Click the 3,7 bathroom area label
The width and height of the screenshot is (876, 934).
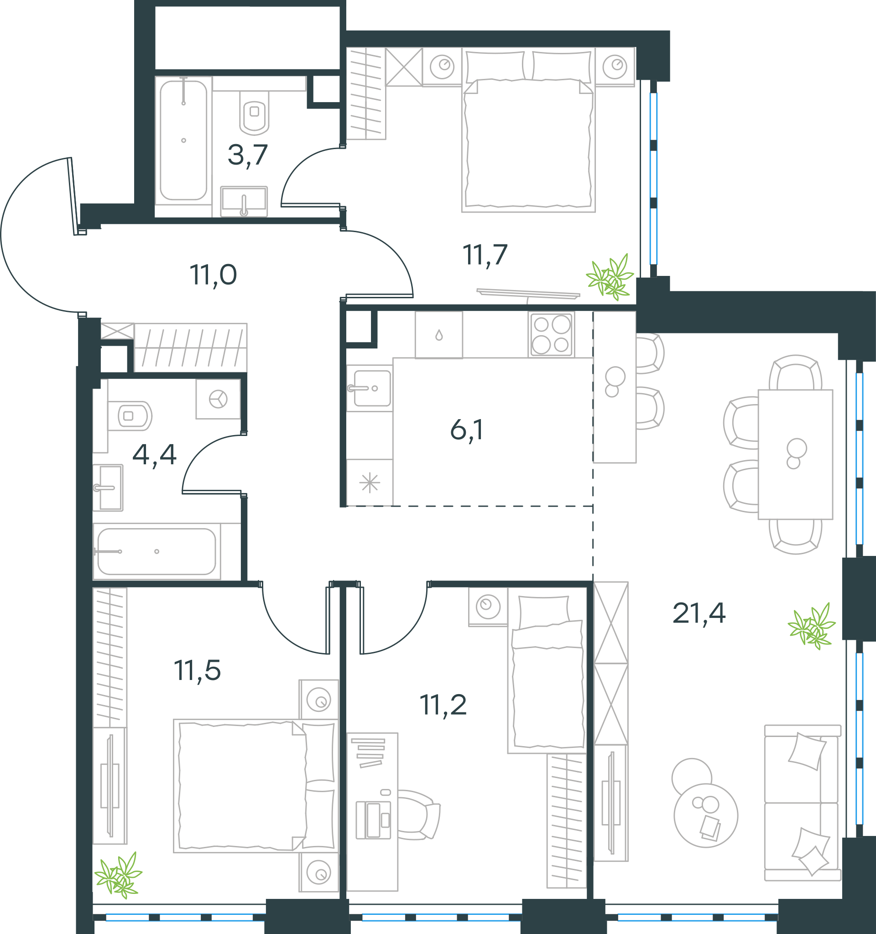coord(248,155)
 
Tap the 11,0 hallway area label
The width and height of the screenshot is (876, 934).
coord(213,275)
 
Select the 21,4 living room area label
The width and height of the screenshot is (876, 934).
coord(699,613)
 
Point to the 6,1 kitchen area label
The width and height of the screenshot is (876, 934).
coord(467,430)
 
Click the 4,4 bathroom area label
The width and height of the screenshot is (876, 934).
coord(154,454)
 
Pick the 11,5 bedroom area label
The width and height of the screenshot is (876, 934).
coord(198,670)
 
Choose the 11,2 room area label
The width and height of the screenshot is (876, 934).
coord(443,705)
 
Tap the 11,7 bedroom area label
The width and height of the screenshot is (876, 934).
coord(485,254)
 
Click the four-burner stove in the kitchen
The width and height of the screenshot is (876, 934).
coord(551,334)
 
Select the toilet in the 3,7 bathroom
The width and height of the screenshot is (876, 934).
coord(254,113)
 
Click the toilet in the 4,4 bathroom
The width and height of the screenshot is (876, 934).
coord(130,416)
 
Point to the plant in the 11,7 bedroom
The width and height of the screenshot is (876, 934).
coord(610,277)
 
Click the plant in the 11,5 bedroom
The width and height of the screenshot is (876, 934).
coord(118,876)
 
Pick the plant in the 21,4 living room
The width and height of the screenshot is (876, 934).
coord(812,626)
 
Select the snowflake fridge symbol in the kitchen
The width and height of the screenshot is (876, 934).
coord(370,483)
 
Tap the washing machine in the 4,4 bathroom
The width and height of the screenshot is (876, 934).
coord(218,399)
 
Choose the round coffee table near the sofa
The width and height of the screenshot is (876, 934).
coord(705,815)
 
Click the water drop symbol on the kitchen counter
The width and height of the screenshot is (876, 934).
coord(439,335)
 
